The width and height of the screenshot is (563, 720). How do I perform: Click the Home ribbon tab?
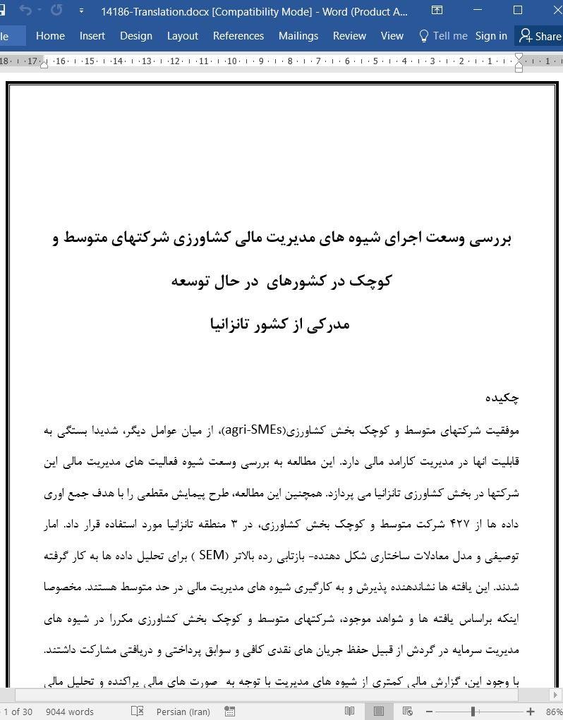pos(50,36)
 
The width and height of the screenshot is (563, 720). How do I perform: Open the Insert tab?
pos(92,36)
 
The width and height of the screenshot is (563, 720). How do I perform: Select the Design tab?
pos(136,36)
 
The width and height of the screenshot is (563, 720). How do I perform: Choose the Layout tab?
pos(182,36)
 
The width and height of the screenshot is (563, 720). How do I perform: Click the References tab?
pos(238,36)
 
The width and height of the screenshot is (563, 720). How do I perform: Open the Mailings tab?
pos(298,36)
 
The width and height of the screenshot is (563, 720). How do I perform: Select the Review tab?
pos(349,36)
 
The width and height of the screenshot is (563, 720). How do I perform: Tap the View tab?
pos(392,36)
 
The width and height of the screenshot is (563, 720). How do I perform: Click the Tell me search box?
pos(443,36)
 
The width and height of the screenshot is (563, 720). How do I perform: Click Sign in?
pos(491,36)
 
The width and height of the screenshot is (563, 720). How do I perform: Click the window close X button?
pos(552,11)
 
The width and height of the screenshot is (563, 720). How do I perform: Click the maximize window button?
pos(518,11)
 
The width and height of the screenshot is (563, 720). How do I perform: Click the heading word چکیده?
pos(502,398)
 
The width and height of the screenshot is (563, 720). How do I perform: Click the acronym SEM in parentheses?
pos(211,555)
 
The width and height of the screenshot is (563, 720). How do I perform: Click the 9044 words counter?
pos(70,712)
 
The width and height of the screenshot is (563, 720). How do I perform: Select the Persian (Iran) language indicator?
pos(183,712)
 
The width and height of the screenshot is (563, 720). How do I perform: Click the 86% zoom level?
pos(554,712)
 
